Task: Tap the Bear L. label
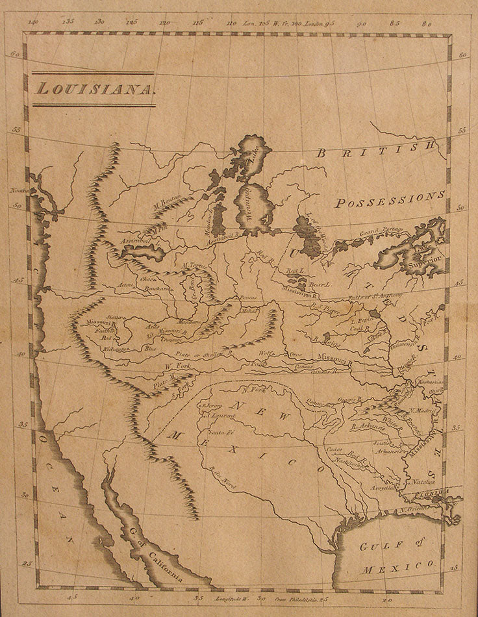click(321, 284)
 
